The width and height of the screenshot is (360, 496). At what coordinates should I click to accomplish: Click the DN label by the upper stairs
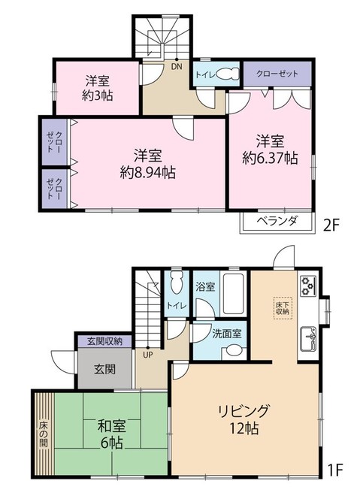177,65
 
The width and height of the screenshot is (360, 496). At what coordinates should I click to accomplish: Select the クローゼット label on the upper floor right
272,74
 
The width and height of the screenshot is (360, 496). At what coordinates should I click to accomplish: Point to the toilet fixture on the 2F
228,74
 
